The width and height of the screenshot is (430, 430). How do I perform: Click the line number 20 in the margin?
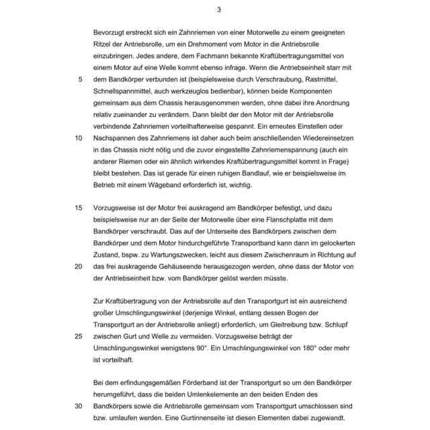tap(79, 266)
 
